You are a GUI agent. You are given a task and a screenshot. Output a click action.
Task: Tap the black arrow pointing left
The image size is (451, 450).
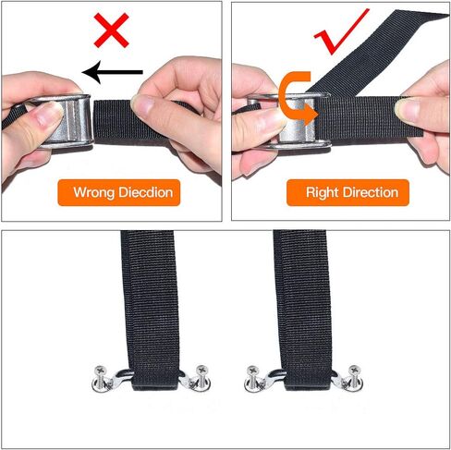112,71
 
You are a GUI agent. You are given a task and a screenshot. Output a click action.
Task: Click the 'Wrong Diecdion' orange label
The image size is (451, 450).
117,193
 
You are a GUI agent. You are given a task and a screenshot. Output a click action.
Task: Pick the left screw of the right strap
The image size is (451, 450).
252,376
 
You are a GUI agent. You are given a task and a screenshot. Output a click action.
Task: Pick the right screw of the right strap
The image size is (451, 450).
354,375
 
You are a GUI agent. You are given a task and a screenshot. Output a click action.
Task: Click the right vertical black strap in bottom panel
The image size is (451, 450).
303,296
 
